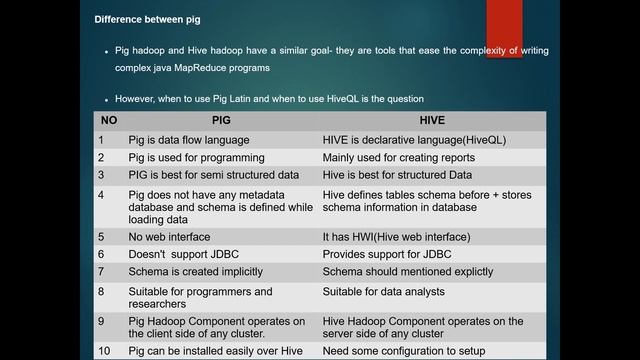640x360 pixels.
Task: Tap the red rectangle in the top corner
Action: [x=503, y=28]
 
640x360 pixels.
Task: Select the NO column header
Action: [x=109, y=121]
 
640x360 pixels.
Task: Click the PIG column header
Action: [x=220, y=121]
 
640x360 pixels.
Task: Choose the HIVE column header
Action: [x=432, y=121]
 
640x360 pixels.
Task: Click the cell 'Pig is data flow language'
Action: [x=188, y=140]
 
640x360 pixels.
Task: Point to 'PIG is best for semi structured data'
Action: [x=213, y=175]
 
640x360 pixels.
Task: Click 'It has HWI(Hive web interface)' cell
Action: [x=396, y=237]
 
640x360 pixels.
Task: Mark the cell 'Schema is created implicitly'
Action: [x=195, y=272]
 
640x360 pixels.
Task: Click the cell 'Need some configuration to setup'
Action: [x=403, y=351]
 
